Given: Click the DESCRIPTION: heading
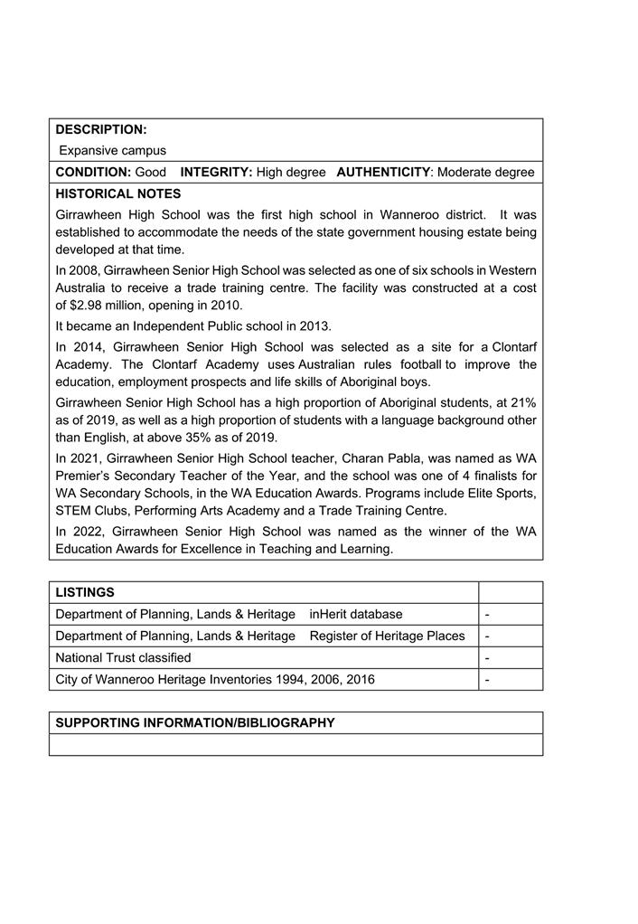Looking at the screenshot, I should pyautogui.click(x=101, y=130).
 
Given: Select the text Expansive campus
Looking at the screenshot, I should pyautogui.click(x=113, y=151).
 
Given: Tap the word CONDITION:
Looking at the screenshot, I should pyautogui.click(x=93, y=173).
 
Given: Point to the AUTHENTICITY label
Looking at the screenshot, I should pyautogui.click(x=383, y=173).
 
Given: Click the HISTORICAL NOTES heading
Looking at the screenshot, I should pyautogui.click(x=118, y=194).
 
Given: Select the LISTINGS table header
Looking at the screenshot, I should pyautogui.click(x=85, y=593).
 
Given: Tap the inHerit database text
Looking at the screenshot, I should pyautogui.click(x=356, y=615).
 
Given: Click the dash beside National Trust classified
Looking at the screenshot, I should pyautogui.click(x=487, y=658).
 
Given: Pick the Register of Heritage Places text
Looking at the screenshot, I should pyautogui.click(x=387, y=636).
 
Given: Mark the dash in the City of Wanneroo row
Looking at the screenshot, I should pyautogui.click(x=487, y=680).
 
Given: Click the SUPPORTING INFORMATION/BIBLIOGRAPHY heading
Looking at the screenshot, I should pyautogui.click(x=195, y=723).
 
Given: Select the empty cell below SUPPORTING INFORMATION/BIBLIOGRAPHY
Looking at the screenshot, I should pyautogui.click(x=296, y=745).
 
